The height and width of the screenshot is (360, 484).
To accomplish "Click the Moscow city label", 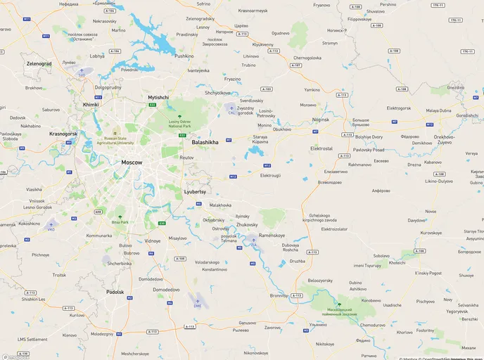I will (x=132, y=162).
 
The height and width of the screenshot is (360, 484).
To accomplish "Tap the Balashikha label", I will (x=205, y=142).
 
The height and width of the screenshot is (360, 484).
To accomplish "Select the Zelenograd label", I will (x=39, y=63).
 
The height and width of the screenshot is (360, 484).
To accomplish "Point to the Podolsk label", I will (x=115, y=292).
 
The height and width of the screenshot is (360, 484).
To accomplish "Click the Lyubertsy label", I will (x=195, y=191).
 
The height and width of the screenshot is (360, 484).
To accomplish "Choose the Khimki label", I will (x=91, y=104).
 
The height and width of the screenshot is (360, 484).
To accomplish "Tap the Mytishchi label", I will (x=158, y=96).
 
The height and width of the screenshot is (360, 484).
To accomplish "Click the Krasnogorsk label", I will (x=63, y=133).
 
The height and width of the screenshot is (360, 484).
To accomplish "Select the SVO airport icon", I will (x=82, y=70).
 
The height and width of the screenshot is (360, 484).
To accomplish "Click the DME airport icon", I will (x=198, y=302).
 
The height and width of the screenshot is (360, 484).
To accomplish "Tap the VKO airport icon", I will (x=51, y=225).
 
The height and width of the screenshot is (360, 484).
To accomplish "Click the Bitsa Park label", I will (x=120, y=221).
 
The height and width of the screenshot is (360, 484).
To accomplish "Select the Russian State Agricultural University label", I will (x=114, y=141).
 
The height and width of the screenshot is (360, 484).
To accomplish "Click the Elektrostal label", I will (x=321, y=148).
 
